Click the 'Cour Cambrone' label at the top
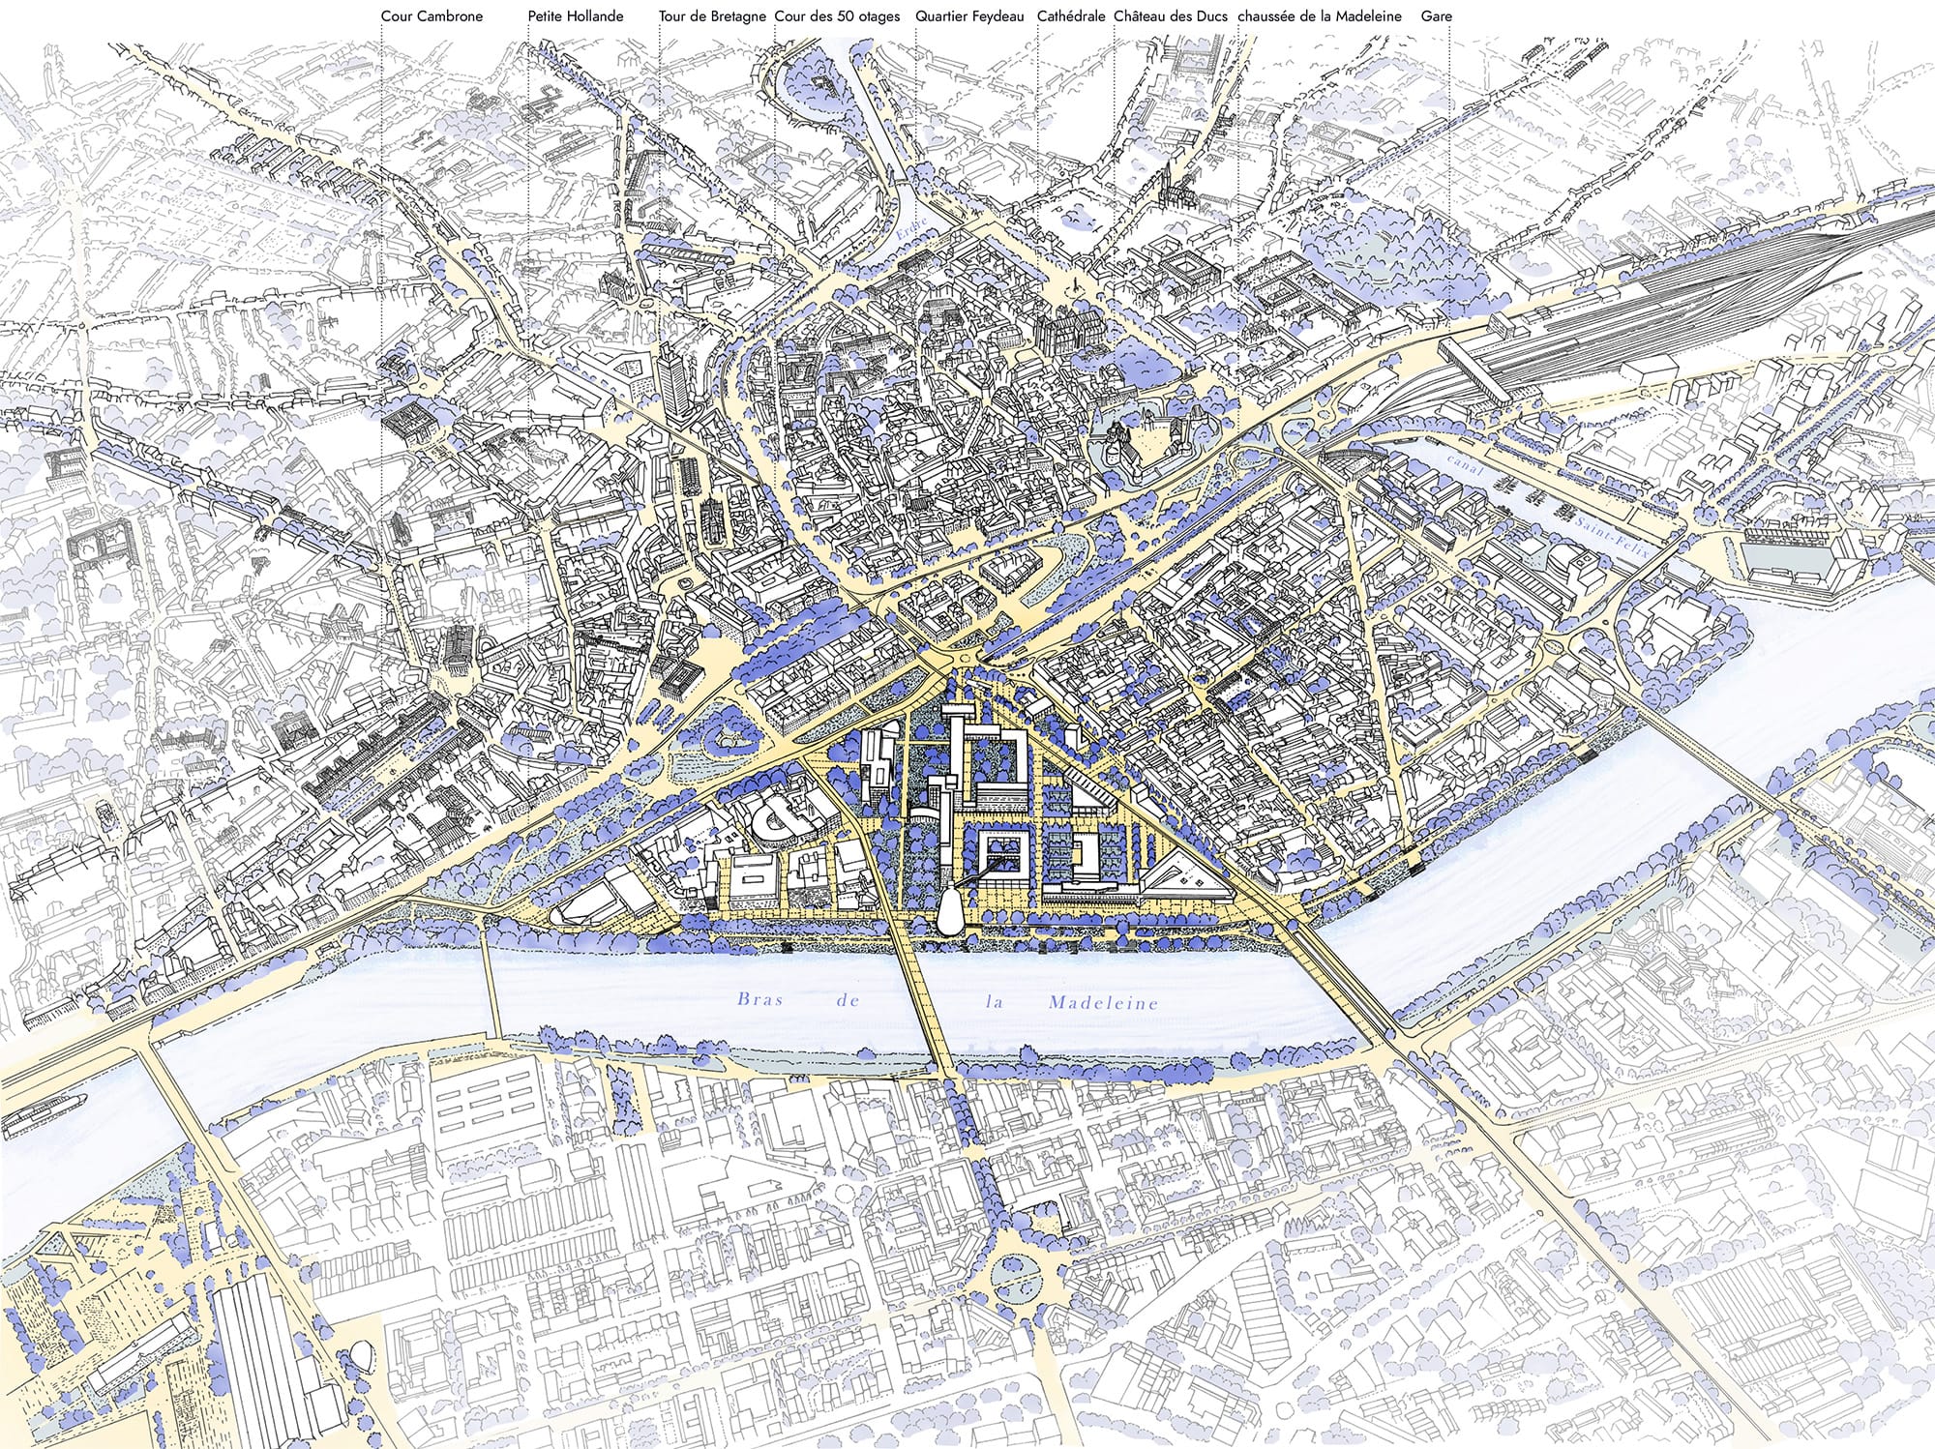click(432, 16)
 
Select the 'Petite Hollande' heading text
click(575, 16)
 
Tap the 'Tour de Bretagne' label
click(712, 16)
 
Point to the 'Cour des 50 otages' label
click(837, 16)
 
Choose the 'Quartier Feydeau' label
click(968, 16)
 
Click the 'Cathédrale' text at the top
click(1071, 16)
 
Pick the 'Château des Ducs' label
click(1170, 16)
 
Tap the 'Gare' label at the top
click(1436, 16)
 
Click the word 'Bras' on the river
click(759, 999)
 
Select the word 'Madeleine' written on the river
click(1103, 1003)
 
